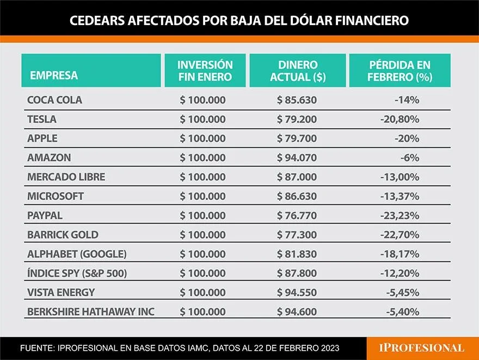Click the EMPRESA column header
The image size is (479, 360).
54,76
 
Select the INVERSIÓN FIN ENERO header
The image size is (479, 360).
205,71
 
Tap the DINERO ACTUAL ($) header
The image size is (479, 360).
297,71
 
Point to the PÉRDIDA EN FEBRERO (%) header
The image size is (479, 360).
400,71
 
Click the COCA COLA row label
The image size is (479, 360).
54,100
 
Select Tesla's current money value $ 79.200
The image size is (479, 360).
297,119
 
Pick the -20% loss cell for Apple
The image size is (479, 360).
407,139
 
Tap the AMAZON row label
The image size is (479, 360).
49,158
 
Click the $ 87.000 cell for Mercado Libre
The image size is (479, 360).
297,177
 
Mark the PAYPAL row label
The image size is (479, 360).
45,215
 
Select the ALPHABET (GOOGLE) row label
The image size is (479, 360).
77,253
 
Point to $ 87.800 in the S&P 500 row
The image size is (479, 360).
297,273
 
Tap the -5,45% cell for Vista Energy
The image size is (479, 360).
402,292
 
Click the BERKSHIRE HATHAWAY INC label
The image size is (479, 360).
91,311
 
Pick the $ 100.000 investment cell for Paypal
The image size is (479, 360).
202,215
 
